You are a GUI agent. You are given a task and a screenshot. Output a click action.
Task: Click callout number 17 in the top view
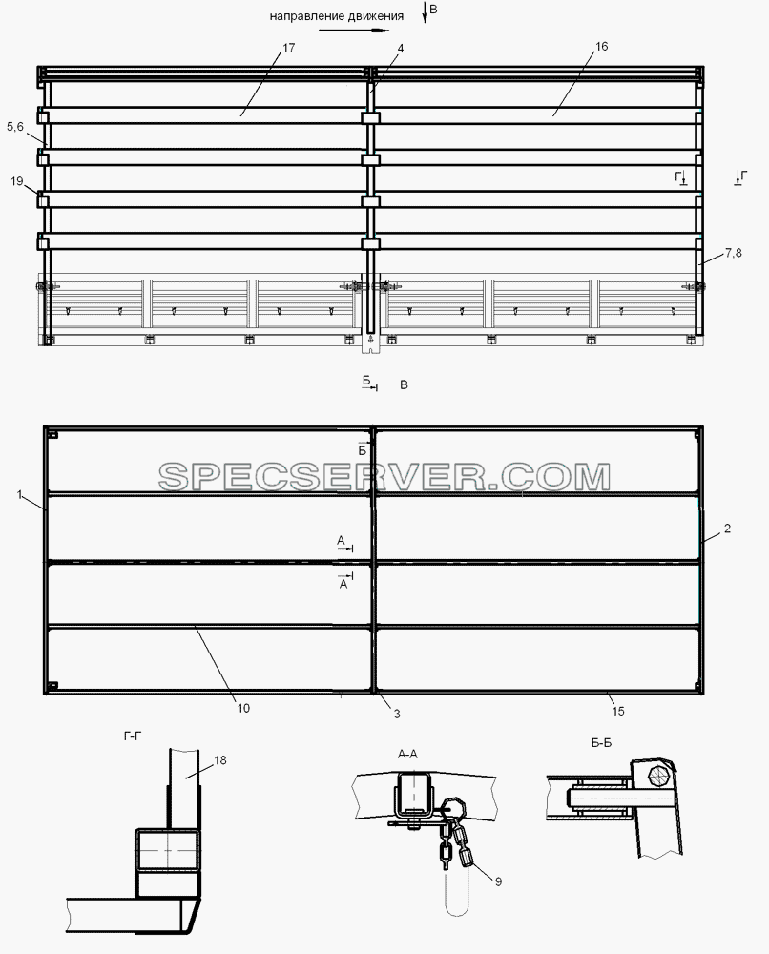[289, 48]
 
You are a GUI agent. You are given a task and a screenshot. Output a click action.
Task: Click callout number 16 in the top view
[601, 46]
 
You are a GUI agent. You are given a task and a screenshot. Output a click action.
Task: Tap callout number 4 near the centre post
[400, 48]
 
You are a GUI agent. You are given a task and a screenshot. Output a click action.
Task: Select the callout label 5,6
[15, 127]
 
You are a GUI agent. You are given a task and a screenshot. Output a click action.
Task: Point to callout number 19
[17, 180]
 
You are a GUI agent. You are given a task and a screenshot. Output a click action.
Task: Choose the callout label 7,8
[734, 253]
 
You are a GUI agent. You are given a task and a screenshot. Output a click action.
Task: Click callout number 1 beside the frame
[19, 494]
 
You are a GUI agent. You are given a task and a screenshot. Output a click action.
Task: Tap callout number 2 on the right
[727, 529]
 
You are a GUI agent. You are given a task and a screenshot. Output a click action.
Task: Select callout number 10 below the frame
[243, 708]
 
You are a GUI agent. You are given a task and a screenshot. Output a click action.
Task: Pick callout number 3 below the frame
[397, 714]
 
